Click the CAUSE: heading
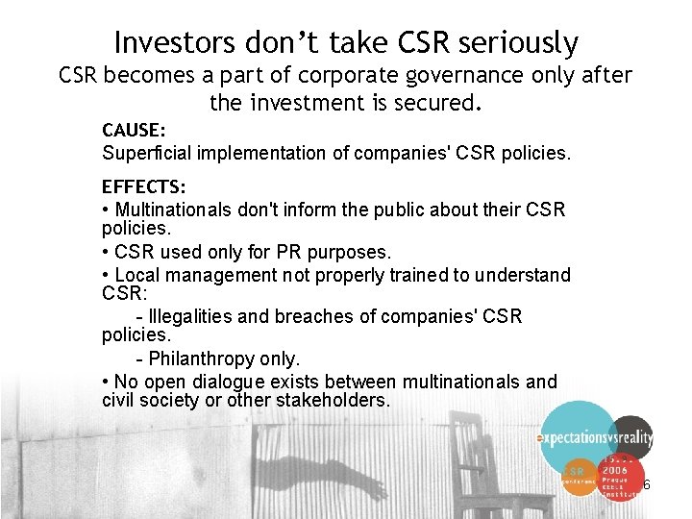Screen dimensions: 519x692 [134, 129]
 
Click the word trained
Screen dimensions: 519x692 [418, 275]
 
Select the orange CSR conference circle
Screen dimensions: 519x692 [576, 475]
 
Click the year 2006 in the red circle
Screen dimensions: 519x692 [615, 470]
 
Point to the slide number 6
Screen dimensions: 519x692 [647, 484]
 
